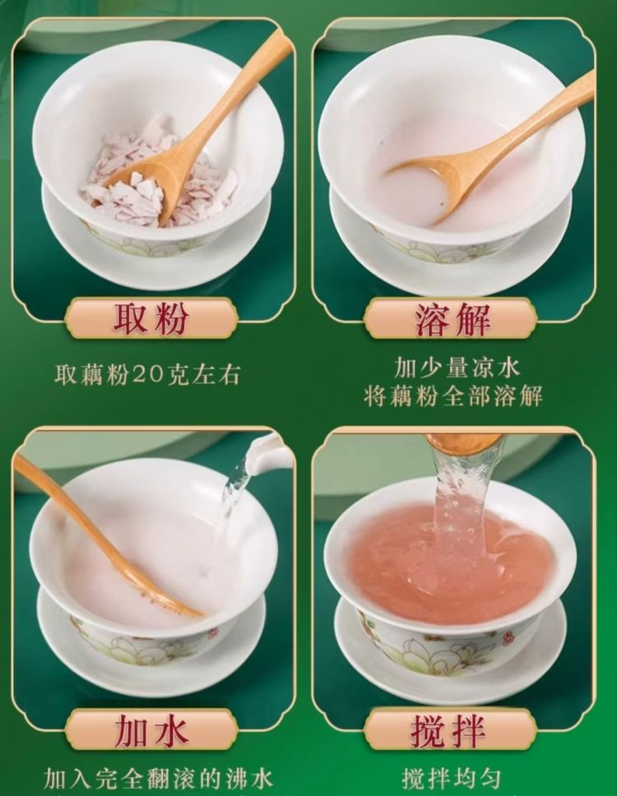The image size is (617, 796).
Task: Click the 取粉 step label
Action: pos(151,319)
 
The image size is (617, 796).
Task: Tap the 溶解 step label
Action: pos(452,319)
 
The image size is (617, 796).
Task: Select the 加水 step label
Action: pos(151,730)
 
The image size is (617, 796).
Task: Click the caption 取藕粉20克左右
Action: pos(146,375)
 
